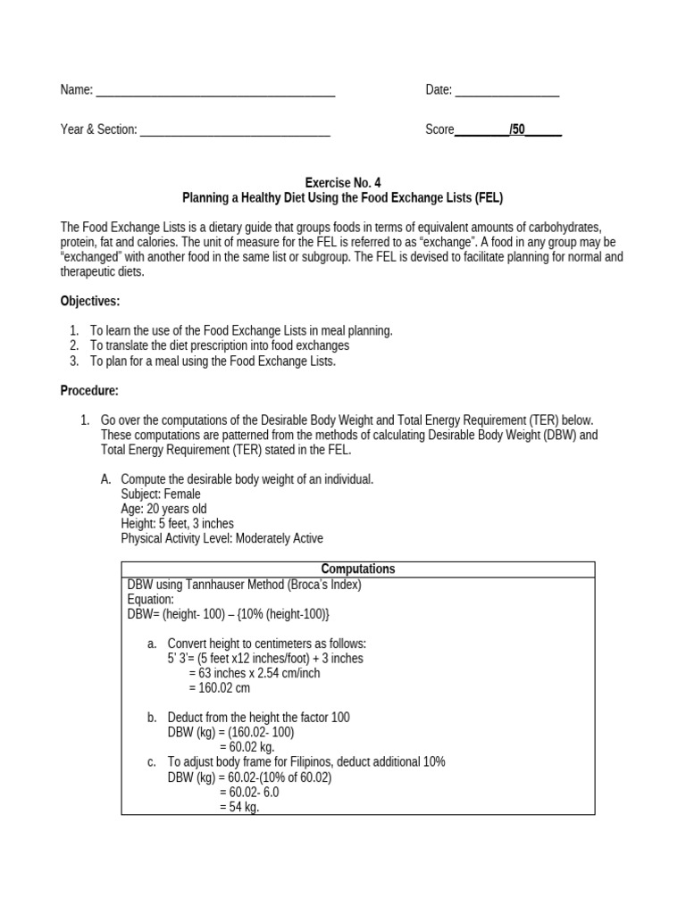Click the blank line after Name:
tap(214, 91)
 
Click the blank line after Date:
tap(507, 91)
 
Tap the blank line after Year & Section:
tap(235, 131)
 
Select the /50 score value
tap(517, 129)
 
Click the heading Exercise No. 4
tap(344, 181)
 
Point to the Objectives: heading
tap(90, 300)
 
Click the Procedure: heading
tap(89, 390)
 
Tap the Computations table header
tap(357, 569)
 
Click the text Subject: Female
tap(161, 494)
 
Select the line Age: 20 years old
tap(163, 509)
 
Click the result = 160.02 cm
tap(220, 688)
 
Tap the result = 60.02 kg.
tap(247, 747)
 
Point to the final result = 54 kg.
tap(239, 808)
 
